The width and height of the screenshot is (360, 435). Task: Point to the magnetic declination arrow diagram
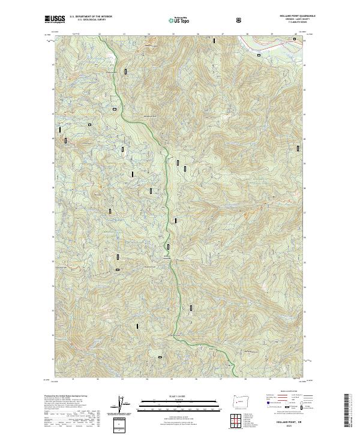[x=123, y=406]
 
